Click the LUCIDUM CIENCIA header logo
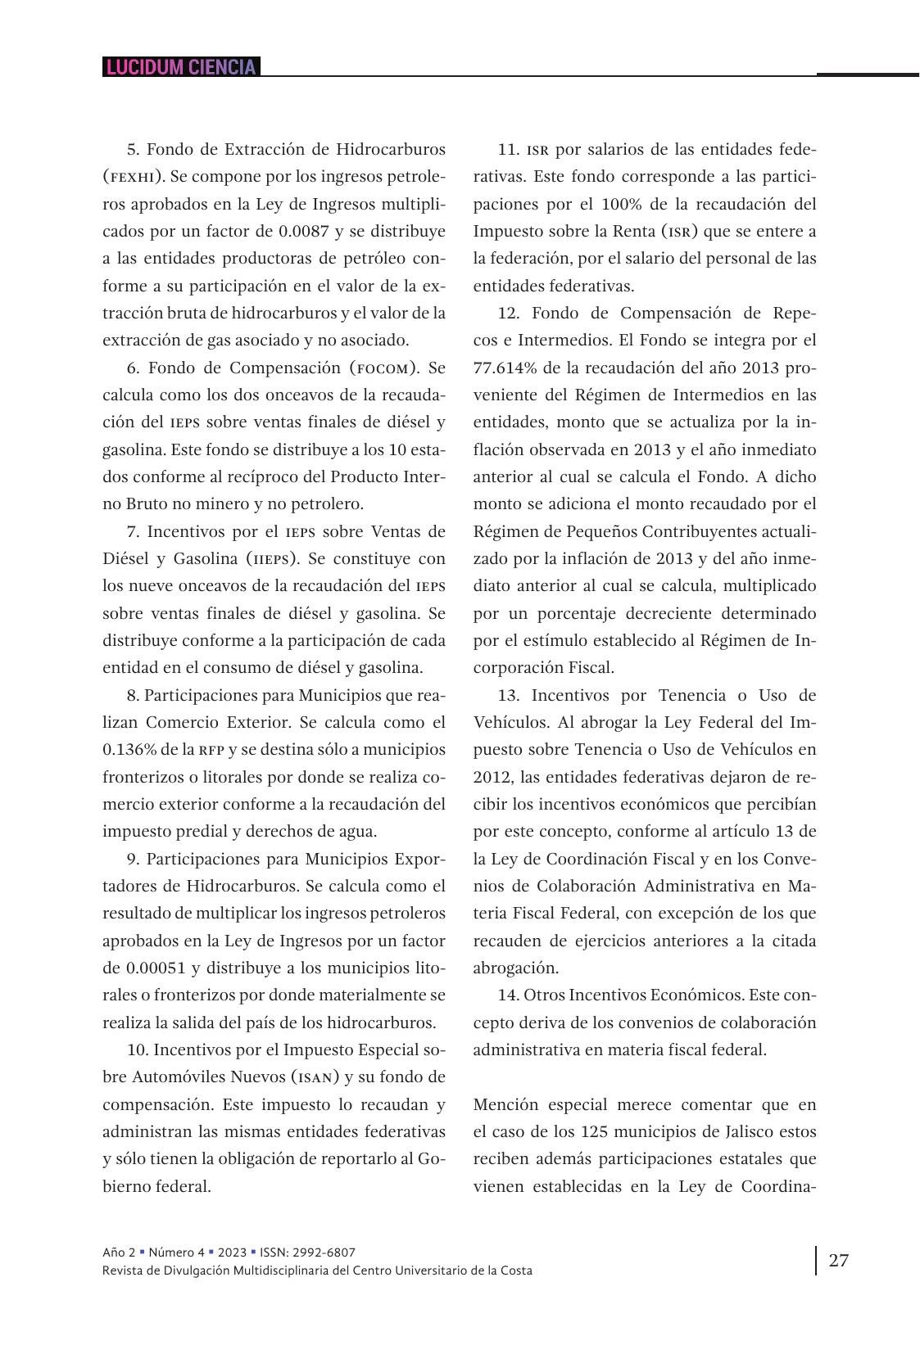tap(181, 67)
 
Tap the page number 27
tap(838, 1260)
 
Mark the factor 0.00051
tap(155, 968)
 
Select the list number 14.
tap(507, 995)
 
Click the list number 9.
tap(133, 859)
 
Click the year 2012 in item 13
tap(490, 777)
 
